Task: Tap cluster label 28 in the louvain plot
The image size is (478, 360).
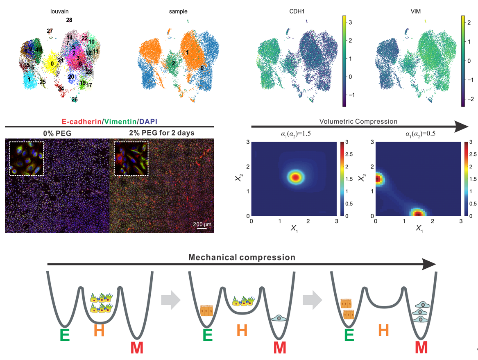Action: (x=69, y=20)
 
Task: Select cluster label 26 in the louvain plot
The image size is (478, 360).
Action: (x=75, y=99)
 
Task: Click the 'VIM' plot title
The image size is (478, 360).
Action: (x=415, y=11)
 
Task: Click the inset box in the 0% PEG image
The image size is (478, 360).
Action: (x=26, y=158)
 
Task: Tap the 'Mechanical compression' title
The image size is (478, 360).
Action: (x=242, y=257)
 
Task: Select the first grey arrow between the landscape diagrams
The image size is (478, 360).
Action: (x=171, y=301)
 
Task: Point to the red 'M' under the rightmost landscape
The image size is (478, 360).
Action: (x=421, y=347)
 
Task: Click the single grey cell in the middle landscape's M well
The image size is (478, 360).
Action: (x=279, y=318)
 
